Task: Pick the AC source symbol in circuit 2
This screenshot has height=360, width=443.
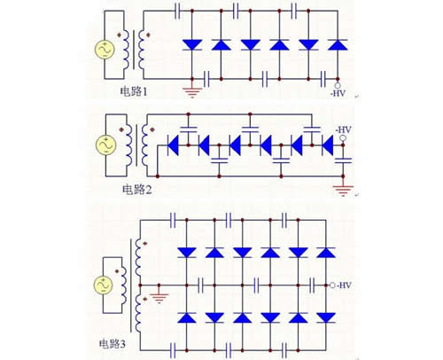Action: point(101,145)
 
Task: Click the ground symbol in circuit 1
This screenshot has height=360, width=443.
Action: point(188,87)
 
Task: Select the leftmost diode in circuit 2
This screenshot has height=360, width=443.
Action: point(174,142)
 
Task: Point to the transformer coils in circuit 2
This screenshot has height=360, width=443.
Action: point(135,145)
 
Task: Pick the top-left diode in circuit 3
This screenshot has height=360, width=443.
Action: point(186,253)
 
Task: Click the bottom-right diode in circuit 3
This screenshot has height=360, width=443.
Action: point(326,317)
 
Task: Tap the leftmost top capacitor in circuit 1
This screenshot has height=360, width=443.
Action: point(181,11)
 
